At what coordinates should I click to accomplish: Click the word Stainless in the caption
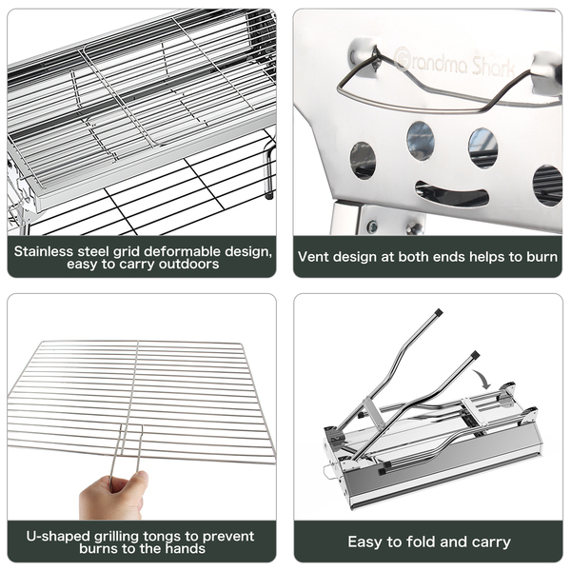pos(44,251)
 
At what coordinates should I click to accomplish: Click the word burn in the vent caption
pos(542,257)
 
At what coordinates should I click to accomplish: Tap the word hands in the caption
pos(186,548)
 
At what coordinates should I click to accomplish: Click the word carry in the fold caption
pos(492,542)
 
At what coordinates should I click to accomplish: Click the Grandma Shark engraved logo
pos(455,63)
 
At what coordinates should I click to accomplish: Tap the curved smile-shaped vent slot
pos(451,194)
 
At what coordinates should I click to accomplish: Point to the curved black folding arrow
pos(483,379)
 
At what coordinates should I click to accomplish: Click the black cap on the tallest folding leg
pos(439,312)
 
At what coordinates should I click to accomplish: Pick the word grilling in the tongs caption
pos(117,537)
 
